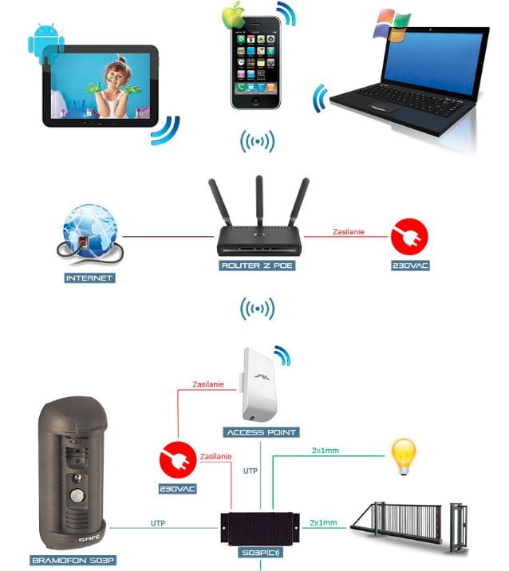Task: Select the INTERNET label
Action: tap(89, 278)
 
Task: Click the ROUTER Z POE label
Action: tap(258, 265)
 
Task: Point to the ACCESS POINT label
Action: tap(262, 432)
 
